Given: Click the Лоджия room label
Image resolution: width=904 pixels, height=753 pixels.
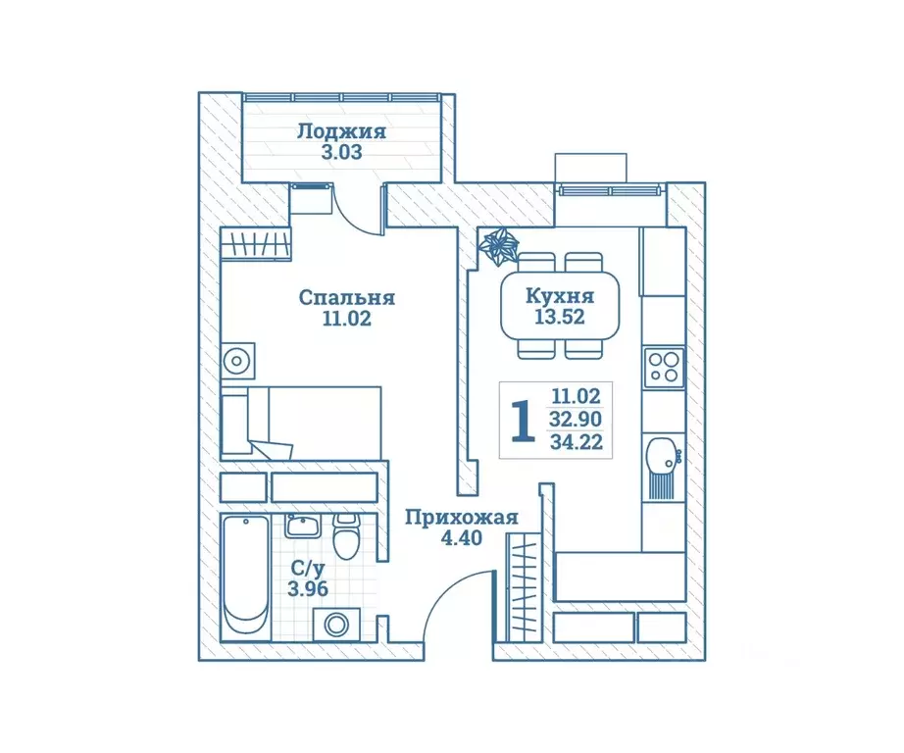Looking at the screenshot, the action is click(x=341, y=132).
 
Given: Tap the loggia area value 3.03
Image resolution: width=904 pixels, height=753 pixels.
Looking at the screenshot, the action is click(x=342, y=153).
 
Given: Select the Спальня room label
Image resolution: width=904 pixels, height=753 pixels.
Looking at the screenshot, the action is click(x=346, y=298).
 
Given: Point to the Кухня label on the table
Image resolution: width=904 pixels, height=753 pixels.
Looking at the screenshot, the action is click(x=559, y=296).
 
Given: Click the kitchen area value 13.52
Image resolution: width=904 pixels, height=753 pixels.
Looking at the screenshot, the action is click(x=559, y=317).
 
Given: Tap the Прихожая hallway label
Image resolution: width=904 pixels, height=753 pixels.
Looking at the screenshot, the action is click(x=461, y=518).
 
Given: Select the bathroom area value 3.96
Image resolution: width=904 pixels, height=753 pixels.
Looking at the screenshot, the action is click(x=308, y=588).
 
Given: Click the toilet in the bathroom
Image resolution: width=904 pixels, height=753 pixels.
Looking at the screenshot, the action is click(x=346, y=535).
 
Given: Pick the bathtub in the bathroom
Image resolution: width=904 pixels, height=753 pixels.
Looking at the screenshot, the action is click(x=246, y=577).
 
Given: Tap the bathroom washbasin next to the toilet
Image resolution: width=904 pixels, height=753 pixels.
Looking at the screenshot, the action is click(x=303, y=526).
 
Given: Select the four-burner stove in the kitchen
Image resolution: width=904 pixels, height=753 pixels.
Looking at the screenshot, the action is click(x=664, y=369).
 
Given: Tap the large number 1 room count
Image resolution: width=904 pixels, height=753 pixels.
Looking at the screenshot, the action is click(x=523, y=422).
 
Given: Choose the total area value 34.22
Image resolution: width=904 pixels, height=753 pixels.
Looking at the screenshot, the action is click(x=576, y=442).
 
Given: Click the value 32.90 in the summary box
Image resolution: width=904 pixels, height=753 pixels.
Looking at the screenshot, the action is click(x=576, y=419).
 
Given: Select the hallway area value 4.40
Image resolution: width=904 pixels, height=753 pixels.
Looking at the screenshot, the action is click(x=461, y=538).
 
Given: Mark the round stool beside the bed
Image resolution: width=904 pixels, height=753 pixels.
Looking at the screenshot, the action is click(x=237, y=361).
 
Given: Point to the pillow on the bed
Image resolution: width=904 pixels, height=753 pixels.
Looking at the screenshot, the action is click(x=234, y=424).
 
